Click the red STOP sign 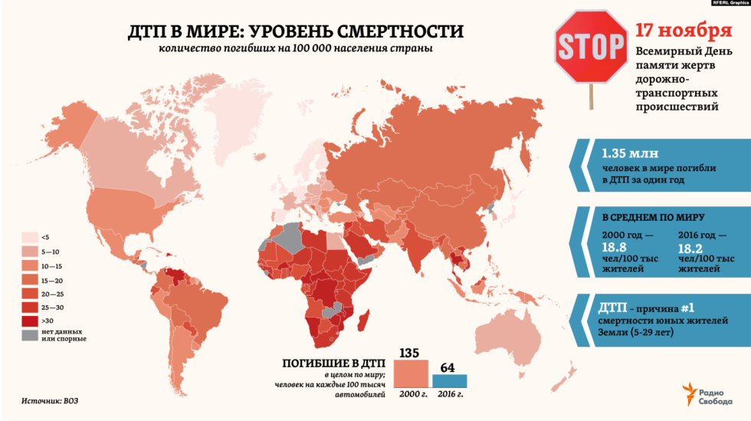point(590,47)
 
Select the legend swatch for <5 point(29,237)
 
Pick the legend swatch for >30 point(29,320)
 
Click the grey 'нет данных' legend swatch point(29,334)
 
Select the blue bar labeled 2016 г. point(449,381)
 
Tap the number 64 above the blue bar point(448,367)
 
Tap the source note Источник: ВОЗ point(50,401)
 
